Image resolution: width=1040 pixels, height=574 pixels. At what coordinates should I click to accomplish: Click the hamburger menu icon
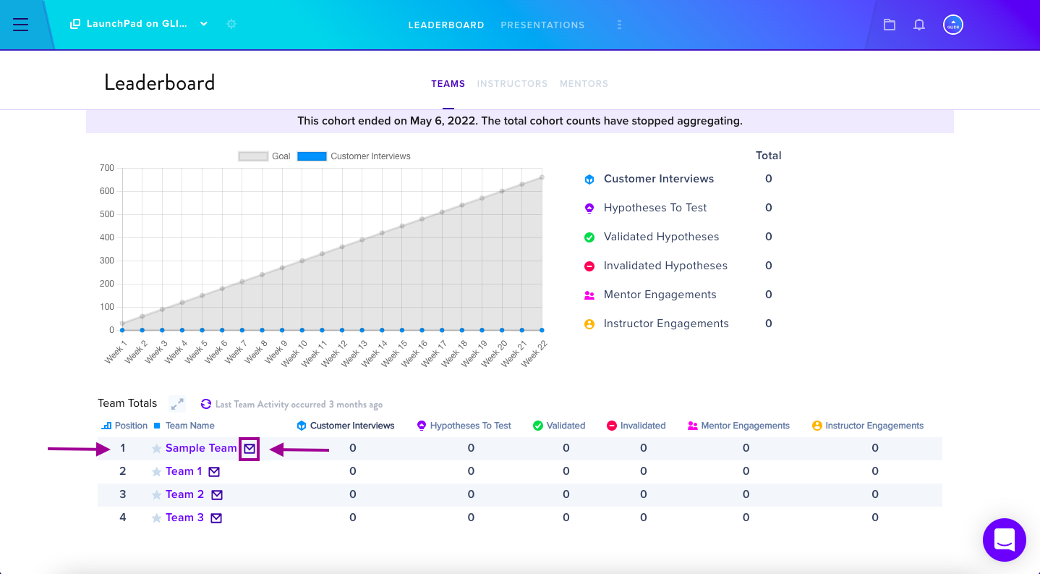[x=20, y=24]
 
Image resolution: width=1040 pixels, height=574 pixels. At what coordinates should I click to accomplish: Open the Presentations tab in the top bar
[x=542, y=25]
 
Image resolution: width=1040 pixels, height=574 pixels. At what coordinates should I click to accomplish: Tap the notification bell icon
[x=918, y=25]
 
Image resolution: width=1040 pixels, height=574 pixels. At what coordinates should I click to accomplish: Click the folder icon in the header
[x=889, y=25]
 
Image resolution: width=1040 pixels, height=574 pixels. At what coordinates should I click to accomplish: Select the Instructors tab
[x=512, y=84]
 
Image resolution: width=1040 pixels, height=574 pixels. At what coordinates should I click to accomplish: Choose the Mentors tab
[x=584, y=84]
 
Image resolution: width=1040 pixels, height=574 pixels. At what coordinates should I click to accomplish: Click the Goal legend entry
[x=264, y=156]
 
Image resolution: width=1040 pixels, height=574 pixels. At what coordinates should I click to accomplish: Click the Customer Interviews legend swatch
[x=312, y=156]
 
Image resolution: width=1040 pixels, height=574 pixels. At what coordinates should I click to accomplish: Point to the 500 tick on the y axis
[x=107, y=214]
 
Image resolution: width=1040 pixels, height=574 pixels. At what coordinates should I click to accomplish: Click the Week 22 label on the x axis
[x=534, y=353]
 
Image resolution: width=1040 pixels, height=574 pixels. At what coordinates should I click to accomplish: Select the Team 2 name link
[x=185, y=494]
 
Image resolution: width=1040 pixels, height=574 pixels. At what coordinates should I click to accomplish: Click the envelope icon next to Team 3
[x=216, y=518]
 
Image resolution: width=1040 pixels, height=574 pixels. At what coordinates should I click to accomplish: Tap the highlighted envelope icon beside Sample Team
[x=250, y=449]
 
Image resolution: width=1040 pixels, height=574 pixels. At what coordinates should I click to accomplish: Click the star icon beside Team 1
[x=156, y=472]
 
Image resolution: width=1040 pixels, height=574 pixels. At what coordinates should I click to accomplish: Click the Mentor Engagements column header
[x=745, y=426]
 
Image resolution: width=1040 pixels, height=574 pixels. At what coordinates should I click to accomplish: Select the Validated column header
[x=566, y=426]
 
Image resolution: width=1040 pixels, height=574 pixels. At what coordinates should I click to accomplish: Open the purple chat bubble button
[x=1005, y=539]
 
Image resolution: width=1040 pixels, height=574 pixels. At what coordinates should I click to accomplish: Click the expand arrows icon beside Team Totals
[x=177, y=404]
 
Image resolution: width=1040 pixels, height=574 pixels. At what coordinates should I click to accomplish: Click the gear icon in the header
[x=231, y=24]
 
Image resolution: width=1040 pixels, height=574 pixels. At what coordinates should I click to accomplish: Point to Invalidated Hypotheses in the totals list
[x=665, y=266]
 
